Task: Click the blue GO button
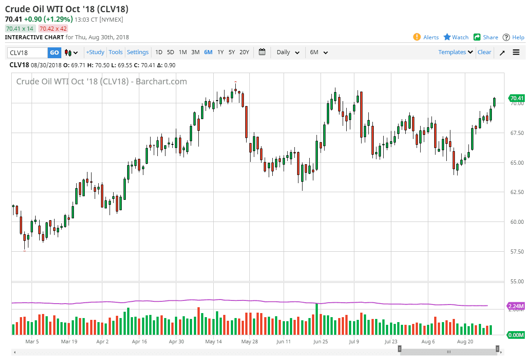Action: (x=55, y=52)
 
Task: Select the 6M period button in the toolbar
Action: (x=208, y=52)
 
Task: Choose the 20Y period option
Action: (x=244, y=52)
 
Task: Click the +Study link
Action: (x=95, y=52)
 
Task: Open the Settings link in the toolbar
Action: (x=138, y=52)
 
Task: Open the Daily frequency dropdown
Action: (x=288, y=52)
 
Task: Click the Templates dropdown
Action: (x=456, y=52)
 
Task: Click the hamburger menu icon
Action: (x=516, y=52)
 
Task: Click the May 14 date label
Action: (x=213, y=342)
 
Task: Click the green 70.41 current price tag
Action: (x=517, y=98)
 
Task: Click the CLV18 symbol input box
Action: (x=28, y=52)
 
